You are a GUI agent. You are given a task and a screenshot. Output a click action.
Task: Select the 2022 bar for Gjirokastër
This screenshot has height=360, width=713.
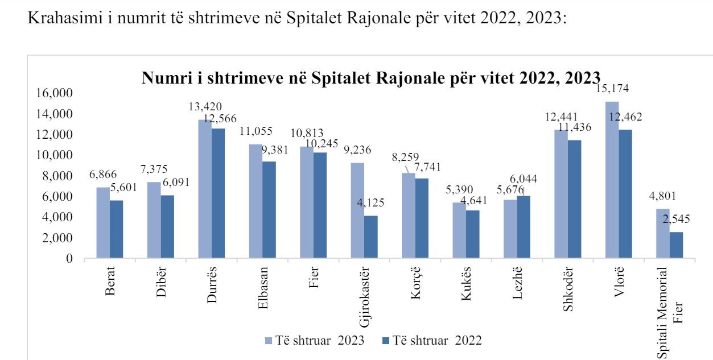[370, 237]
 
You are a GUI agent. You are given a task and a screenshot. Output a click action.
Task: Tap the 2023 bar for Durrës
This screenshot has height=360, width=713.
[205, 189]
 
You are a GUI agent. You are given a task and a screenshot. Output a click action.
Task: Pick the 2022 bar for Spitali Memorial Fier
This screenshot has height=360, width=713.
[676, 245]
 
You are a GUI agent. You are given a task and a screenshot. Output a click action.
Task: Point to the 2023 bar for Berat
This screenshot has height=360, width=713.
[103, 223]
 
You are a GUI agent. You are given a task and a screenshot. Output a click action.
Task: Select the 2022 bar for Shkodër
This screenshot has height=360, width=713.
[575, 199]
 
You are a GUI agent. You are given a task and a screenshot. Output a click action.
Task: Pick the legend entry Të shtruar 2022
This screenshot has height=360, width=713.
[432, 341]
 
